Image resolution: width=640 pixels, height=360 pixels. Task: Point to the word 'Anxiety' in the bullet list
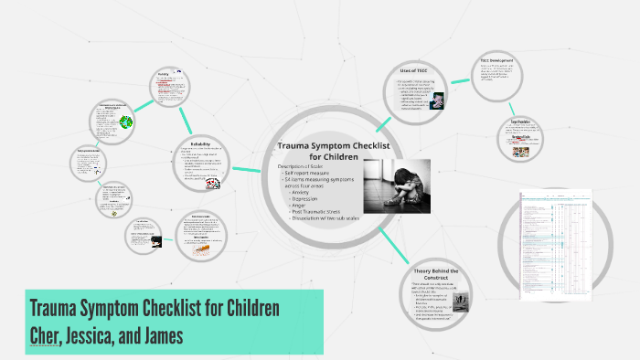click(302, 192)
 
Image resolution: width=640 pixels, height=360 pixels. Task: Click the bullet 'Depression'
click(307, 199)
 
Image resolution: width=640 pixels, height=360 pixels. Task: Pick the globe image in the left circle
click(125, 122)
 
